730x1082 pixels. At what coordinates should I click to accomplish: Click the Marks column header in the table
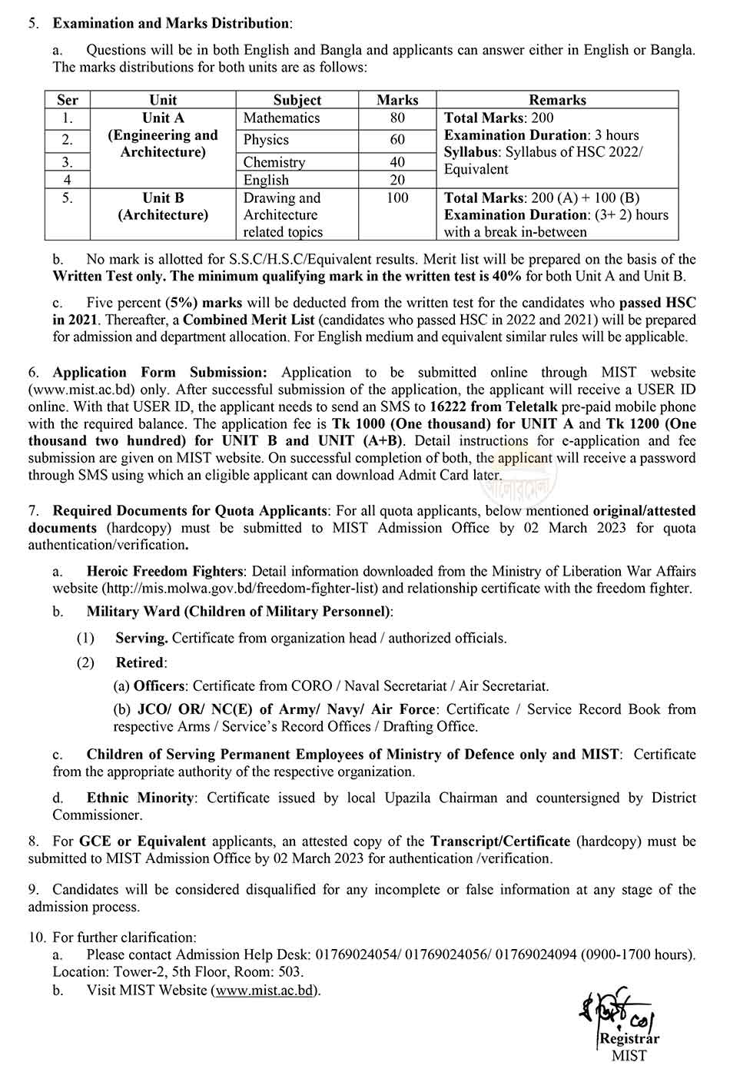click(x=397, y=100)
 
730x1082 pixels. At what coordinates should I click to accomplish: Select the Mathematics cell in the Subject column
click(x=281, y=118)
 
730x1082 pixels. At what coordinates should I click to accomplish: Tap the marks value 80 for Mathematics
click(x=397, y=118)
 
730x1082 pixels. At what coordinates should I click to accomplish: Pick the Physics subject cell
click(x=266, y=140)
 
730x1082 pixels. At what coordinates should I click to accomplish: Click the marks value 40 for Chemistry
click(x=397, y=162)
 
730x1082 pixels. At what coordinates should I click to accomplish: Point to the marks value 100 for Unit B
click(x=397, y=198)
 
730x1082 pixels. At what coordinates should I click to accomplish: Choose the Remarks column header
click(x=557, y=100)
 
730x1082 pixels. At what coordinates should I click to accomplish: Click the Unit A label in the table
click(x=163, y=118)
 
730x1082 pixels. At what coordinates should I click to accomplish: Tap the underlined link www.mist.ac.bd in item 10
click(x=264, y=990)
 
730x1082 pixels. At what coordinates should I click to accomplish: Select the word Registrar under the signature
click(x=629, y=1039)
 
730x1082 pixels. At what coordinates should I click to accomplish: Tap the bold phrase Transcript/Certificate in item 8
click(x=500, y=841)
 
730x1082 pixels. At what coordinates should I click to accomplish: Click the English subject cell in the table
click(x=266, y=181)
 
